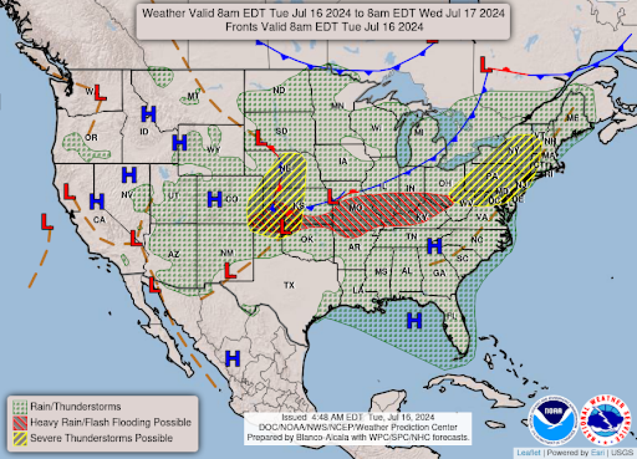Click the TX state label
(289, 286)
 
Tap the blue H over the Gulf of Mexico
(414, 320)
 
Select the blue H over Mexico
(233, 358)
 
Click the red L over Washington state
(100, 92)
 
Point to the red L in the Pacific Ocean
(47, 222)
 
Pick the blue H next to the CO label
(215, 199)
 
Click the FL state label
(451, 316)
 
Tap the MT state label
(193, 96)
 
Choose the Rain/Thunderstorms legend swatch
(20, 406)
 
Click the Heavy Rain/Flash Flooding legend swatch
(20, 422)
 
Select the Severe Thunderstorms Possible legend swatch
(20, 438)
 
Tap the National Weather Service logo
(605, 420)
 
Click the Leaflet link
(529, 452)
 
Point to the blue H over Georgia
(434, 246)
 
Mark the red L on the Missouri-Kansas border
(333, 196)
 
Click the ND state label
(279, 91)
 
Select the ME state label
(572, 118)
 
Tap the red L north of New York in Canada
(486, 65)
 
